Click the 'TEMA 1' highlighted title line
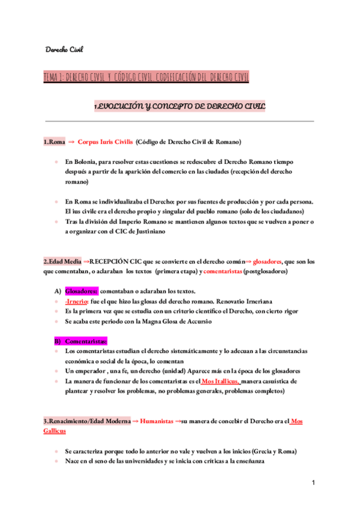click(146, 77)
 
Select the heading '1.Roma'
click(54, 142)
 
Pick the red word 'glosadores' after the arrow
click(272, 262)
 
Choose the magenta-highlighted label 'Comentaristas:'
click(85, 341)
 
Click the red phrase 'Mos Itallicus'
click(221, 381)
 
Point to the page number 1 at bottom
click(313, 483)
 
